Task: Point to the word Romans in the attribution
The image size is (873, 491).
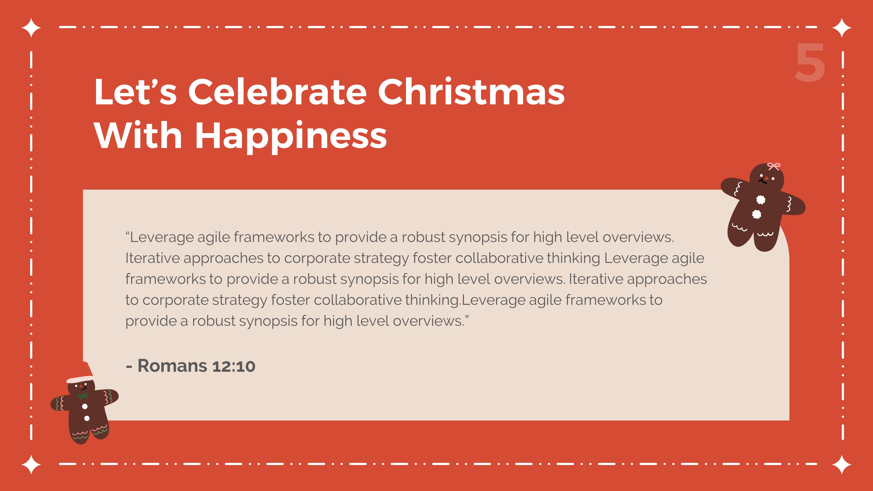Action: pyautogui.click(x=172, y=366)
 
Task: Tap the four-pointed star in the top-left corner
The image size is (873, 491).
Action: pyautogui.click(x=31, y=27)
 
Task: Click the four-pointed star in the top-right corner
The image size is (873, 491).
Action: pyautogui.click(x=842, y=27)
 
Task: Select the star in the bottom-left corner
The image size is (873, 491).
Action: pyautogui.click(x=31, y=464)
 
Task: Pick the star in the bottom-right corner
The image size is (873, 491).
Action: pyautogui.click(x=842, y=464)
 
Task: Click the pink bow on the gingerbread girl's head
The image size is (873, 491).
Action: pyautogui.click(x=774, y=166)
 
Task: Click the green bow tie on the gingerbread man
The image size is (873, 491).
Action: pyautogui.click(x=83, y=396)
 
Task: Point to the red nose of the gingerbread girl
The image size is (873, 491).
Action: pyautogui.click(x=766, y=179)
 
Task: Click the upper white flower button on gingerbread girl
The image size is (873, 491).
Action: pyautogui.click(x=761, y=200)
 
